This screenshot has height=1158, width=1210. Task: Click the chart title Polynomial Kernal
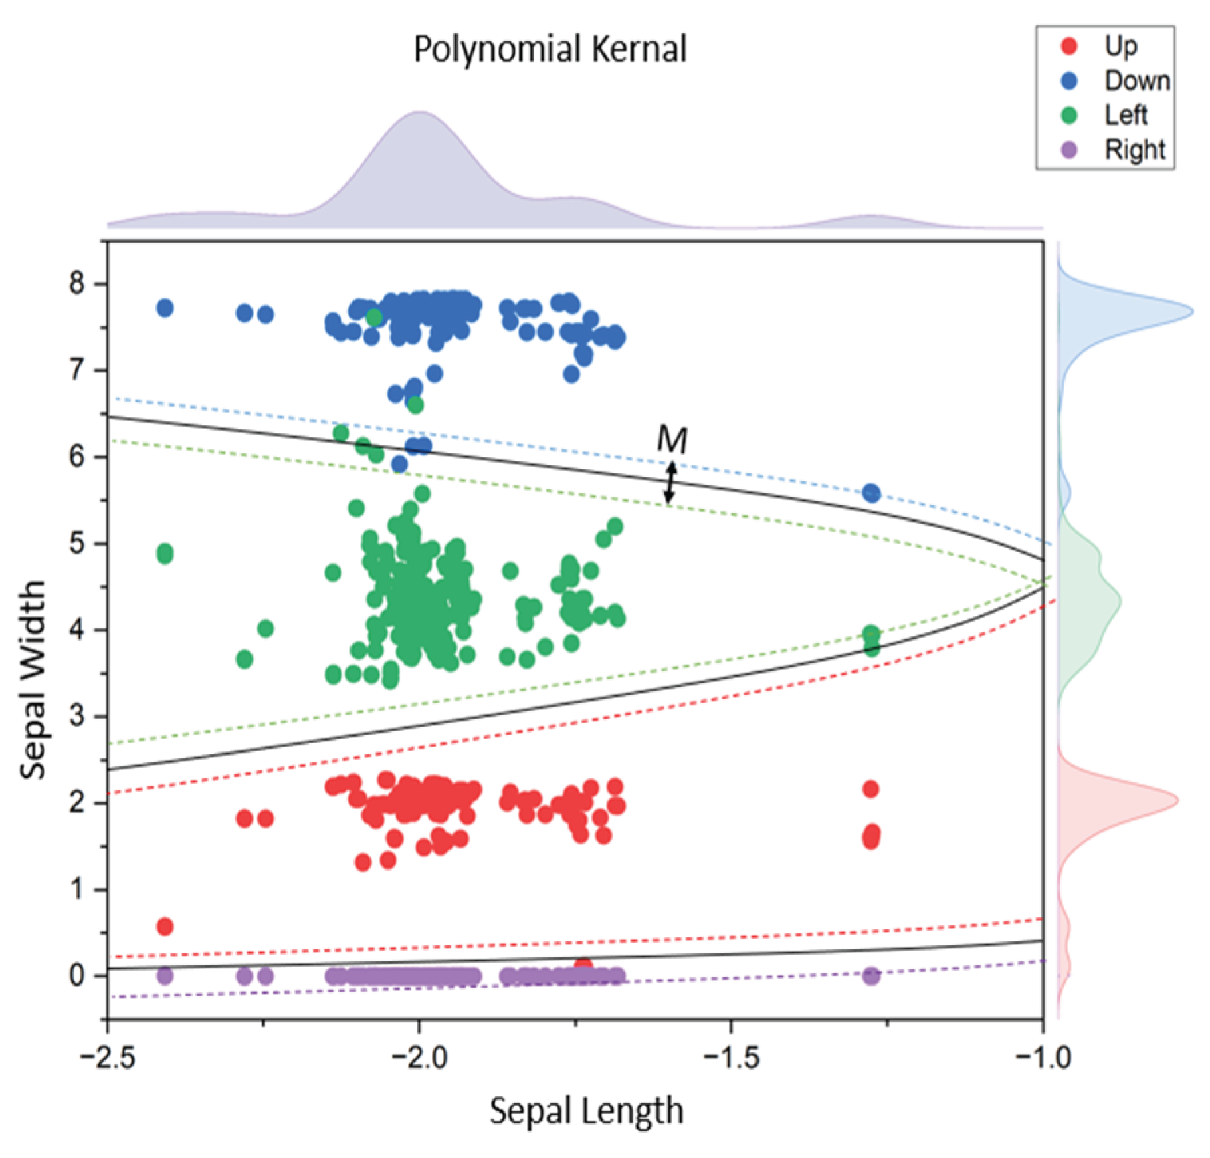coord(550,49)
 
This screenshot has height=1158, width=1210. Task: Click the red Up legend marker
coord(1070,46)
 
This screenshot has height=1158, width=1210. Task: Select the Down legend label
coord(1136,81)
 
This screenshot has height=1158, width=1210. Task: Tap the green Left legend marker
coord(1070,116)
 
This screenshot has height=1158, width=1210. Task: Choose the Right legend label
coord(1134,150)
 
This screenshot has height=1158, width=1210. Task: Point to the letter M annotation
coord(671,440)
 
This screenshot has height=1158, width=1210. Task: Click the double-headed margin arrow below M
coord(670,483)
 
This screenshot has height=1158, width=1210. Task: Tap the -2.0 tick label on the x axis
coord(419,1058)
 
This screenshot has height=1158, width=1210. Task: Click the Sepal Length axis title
coord(586,1111)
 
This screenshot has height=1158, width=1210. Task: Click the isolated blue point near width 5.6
coord(871,493)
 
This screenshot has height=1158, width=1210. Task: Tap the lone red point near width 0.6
coord(165,927)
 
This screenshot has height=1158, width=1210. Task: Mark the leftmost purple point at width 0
coord(165,976)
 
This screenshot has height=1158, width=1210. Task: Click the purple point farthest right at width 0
coord(870,976)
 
